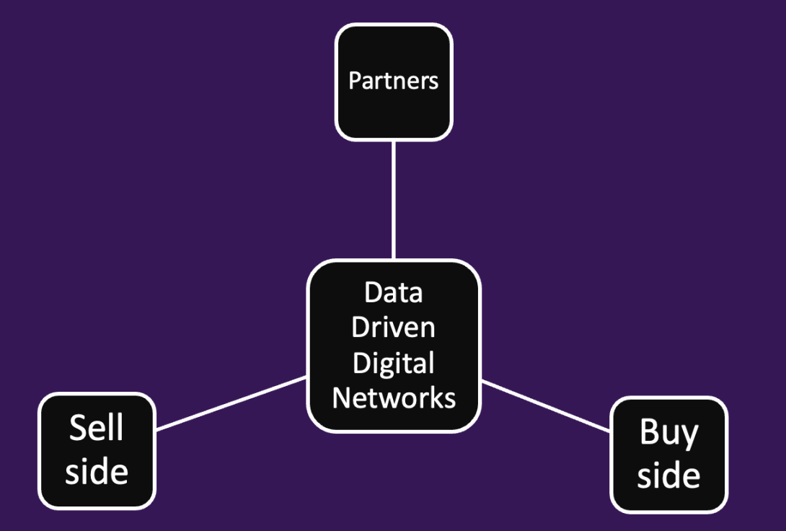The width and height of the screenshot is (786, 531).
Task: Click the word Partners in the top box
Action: pyautogui.click(x=393, y=80)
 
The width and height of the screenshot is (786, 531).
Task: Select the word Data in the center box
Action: pyautogui.click(x=393, y=293)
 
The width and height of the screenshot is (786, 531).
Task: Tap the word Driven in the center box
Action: pyautogui.click(x=393, y=328)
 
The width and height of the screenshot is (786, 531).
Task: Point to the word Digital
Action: pyautogui.click(x=393, y=362)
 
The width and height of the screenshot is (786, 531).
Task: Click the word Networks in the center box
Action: pyautogui.click(x=394, y=398)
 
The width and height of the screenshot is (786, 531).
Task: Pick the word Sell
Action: pyautogui.click(x=96, y=429)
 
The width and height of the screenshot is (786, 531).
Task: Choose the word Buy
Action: pyautogui.click(x=668, y=434)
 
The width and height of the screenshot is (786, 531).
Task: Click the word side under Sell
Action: pyautogui.click(x=96, y=472)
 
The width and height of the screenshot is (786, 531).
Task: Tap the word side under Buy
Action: pyautogui.click(x=668, y=475)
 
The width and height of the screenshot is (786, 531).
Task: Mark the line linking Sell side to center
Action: pyautogui.click(x=231, y=403)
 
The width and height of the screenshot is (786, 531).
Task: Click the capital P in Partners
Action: pyautogui.click(x=355, y=80)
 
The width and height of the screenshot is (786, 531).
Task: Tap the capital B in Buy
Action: pyautogui.click(x=649, y=432)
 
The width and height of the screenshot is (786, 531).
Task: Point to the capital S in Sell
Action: pyautogui.click(x=77, y=429)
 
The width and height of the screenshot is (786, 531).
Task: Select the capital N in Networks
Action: pyautogui.click(x=342, y=398)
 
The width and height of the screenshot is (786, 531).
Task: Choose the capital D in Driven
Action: pyautogui.click(x=360, y=328)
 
